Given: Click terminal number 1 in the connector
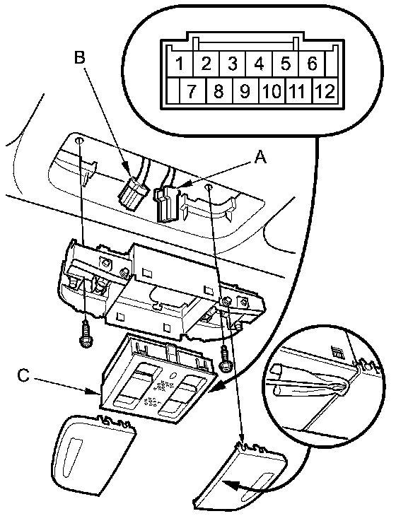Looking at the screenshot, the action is (180, 63).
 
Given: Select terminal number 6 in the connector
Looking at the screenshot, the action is (312, 63).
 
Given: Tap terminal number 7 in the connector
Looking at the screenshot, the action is (192, 90).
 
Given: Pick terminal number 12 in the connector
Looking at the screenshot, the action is (325, 90).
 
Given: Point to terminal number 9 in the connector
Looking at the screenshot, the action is (245, 90).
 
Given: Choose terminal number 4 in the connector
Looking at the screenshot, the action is (259, 63).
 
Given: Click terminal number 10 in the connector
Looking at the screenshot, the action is (272, 90).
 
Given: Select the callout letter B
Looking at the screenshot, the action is (79, 57).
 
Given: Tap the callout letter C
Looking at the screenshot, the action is (23, 376).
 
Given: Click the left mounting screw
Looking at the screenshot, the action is (86, 334).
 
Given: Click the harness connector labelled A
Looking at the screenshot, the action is (168, 204).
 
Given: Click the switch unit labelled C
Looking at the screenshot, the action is (158, 377).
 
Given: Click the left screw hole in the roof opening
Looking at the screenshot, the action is (79, 141).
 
